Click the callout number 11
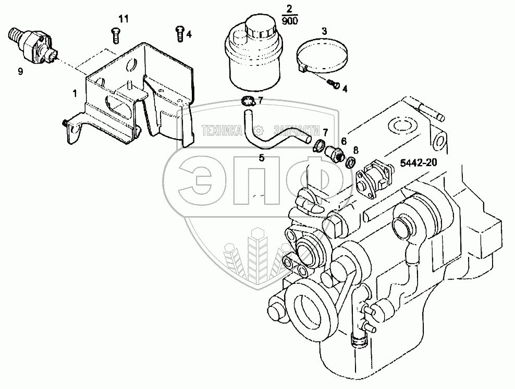pos(123,19)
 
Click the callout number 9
pos(20,72)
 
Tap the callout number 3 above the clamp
pos(324,32)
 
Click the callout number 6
pos(344,141)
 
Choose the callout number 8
pos(356,150)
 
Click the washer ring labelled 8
pos(351,163)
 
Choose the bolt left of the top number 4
pos(179,33)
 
